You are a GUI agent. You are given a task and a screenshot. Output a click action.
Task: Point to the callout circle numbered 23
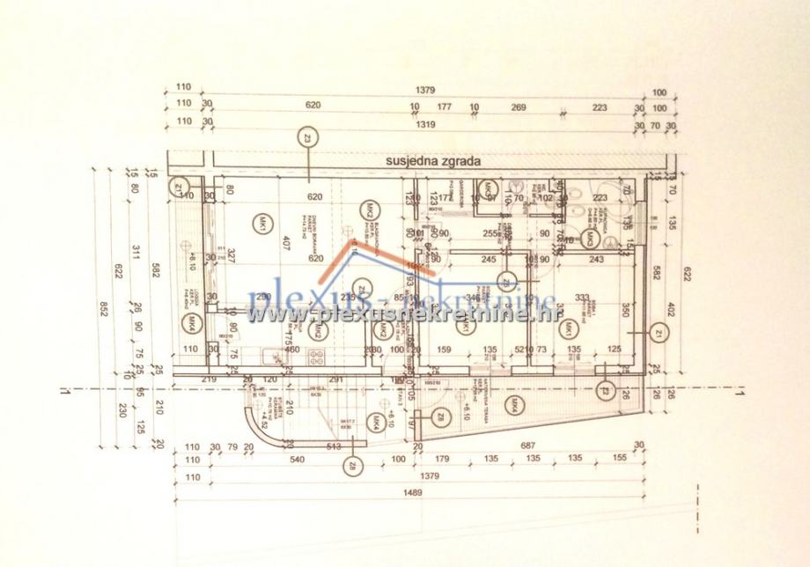(x=307, y=137)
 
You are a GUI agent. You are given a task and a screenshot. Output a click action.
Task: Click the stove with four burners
(x=318, y=357)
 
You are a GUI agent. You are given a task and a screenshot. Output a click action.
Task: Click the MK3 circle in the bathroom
(x=589, y=237)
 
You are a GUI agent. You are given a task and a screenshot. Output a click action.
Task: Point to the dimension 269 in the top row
(x=519, y=107)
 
